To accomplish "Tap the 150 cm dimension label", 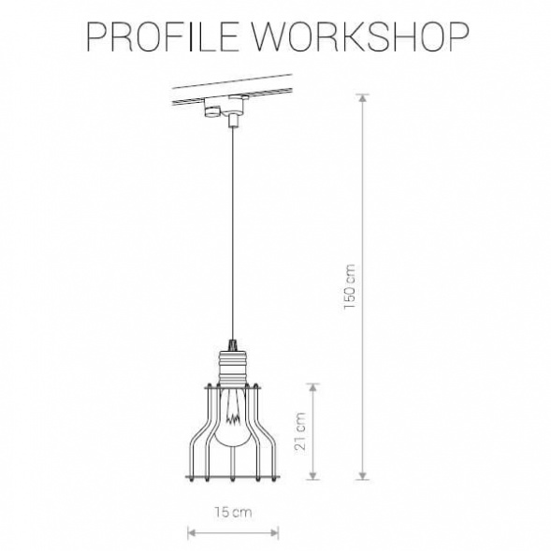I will tap(350, 286).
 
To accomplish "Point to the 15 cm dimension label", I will tap(231, 512).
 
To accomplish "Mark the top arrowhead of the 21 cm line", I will tap(313, 384).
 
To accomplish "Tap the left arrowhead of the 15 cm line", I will tap(191, 534).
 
